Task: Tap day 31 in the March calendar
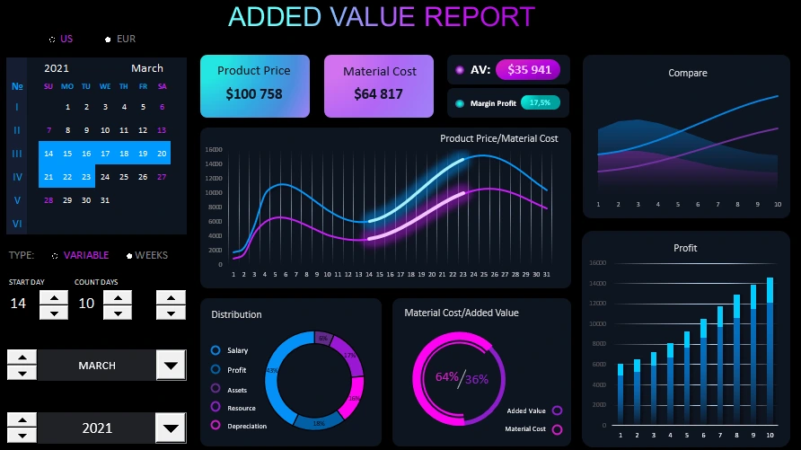click(x=105, y=200)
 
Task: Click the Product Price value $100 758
click(x=254, y=94)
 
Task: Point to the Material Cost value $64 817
click(x=378, y=93)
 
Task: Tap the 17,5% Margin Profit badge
click(x=540, y=102)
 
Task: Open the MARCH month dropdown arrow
click(x=171, y=366)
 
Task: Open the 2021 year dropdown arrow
click(x=171, y=428)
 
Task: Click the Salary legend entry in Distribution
click(x=237, y=350)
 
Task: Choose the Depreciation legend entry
click(x=246, y=426)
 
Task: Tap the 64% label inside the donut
click(x=446, y=377)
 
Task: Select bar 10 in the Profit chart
click(x=770, y=350)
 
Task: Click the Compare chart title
click(x=687, y=74)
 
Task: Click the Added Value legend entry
click(x=526, y=410)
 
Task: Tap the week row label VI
click(x=16, y=224)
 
